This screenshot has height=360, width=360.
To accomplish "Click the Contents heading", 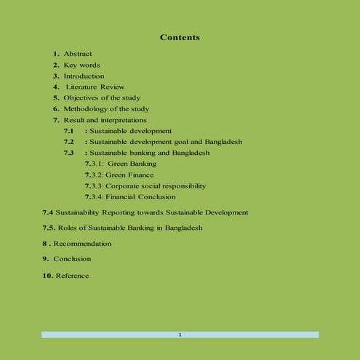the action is [180, 37].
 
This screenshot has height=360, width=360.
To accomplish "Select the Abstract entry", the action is [78, 54].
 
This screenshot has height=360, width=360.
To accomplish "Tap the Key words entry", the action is [81, 65].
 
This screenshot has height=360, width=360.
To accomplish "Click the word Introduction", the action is [84, 76].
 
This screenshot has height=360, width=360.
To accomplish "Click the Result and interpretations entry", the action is [105, 119].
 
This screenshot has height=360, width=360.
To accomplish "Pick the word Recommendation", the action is [82, 244].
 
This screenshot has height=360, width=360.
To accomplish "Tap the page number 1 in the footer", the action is [180, 335].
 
